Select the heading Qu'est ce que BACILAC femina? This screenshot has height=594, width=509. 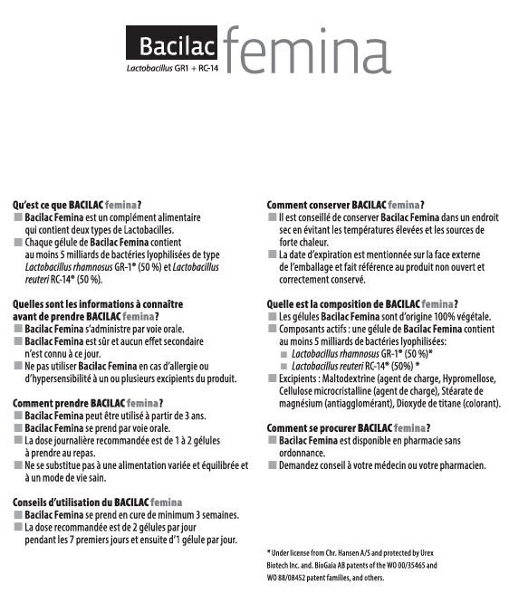[77, 206]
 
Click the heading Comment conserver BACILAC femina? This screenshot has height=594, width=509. [346, 206]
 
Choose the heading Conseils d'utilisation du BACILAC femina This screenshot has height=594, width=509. [97, 502]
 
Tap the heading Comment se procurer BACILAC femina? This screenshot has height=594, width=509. [348, 427]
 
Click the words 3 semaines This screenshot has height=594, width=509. [217, 514]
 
